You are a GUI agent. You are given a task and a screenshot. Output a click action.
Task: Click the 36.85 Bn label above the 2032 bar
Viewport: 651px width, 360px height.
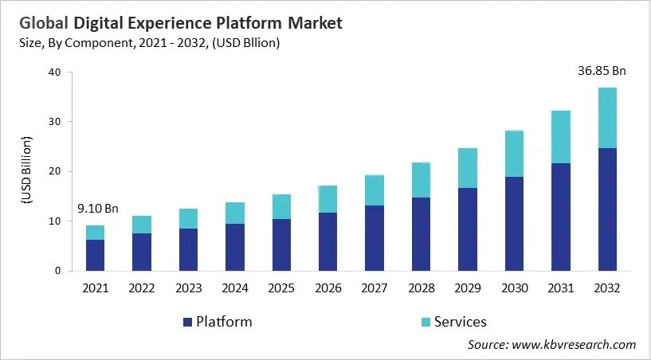(x=602, y=71)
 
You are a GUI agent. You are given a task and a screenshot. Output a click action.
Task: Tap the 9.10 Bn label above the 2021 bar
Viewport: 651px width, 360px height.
(x=97, y=209)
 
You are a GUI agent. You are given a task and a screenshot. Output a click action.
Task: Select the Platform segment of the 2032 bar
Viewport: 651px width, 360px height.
(x=607, y=209)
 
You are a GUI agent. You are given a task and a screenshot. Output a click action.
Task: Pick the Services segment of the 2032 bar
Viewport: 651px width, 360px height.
(x=607, y=118)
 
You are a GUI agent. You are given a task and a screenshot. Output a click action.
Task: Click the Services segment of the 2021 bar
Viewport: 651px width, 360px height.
(x=95, y=233)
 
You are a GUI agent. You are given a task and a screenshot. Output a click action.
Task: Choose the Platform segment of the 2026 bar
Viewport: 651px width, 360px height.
(x=327, y=241)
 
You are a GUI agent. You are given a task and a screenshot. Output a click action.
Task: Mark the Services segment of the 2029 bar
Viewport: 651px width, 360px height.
(x=468, y=168)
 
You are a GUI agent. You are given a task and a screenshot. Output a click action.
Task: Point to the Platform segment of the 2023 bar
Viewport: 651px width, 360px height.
(x=188, y=249)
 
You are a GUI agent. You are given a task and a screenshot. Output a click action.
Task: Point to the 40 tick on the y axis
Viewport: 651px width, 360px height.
(x=54, y=72)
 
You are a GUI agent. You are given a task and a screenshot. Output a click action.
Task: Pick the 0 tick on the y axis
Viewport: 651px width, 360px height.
(x=57, y=271)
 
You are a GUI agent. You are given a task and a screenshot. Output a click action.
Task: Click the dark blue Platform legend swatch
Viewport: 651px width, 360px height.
(x=187, y=323)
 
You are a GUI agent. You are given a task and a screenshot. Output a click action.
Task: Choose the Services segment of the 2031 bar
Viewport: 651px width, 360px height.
(x=561, y=137)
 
